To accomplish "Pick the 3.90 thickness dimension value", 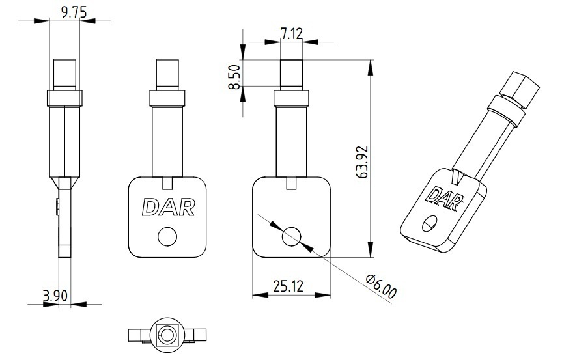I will [x=55, y=296].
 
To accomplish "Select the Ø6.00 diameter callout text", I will [x=382, y=287].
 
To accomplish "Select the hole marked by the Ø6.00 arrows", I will [x=291, y=237].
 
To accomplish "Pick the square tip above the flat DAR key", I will [x=167, y=74].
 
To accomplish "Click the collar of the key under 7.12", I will [x=291, y=98].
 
